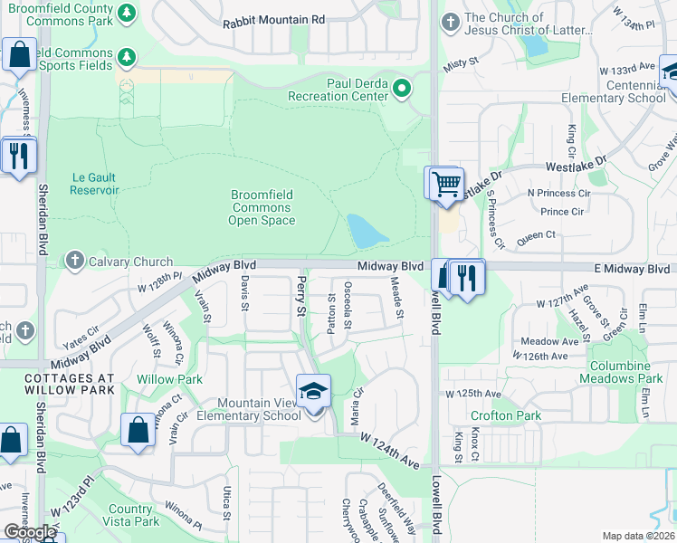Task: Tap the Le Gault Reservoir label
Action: [94, 184]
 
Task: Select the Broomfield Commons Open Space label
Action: [262, 207]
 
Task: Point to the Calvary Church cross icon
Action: [76, 262]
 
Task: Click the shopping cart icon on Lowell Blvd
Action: [445, 184]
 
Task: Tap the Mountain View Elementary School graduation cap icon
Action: [313, 392]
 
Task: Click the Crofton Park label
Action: [492, 415]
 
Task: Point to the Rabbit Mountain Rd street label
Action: [272, 19]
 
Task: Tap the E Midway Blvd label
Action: [633, 269]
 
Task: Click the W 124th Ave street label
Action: [389, 450]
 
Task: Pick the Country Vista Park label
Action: [134, 515]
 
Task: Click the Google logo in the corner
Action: [30, 532]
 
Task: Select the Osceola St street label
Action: [348, 305]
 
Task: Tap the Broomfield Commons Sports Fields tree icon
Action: [127, 57]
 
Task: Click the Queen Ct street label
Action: [536, 234]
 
